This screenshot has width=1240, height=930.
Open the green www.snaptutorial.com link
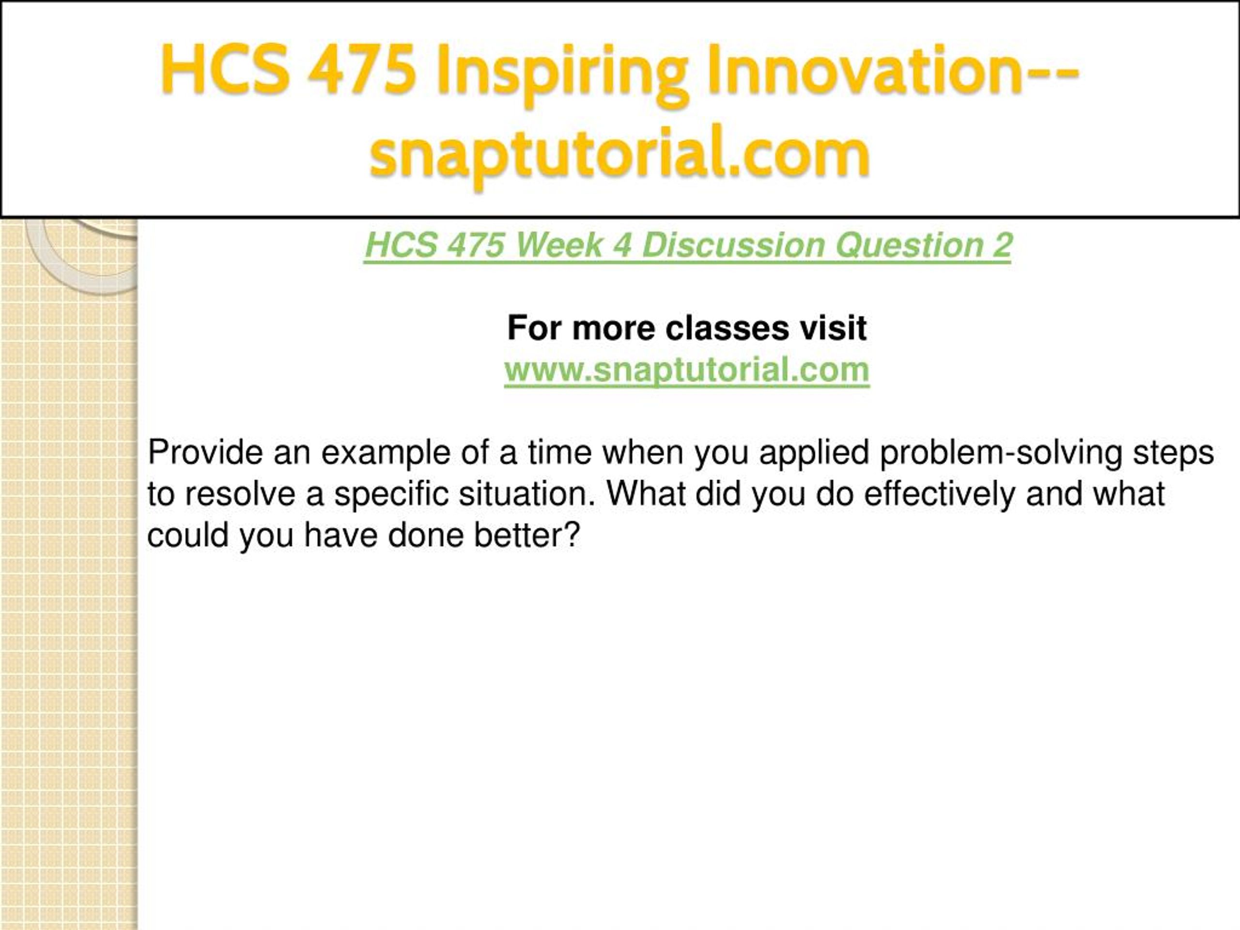pyautogui.click(x=687, y=371)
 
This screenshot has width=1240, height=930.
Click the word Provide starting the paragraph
pyautogui.click(x=205, y=452)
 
